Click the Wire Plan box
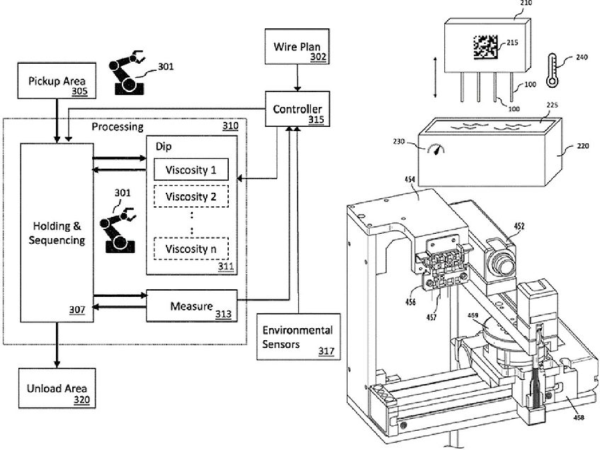[288, 51]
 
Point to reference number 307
[77, 309]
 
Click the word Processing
[118, 127]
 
